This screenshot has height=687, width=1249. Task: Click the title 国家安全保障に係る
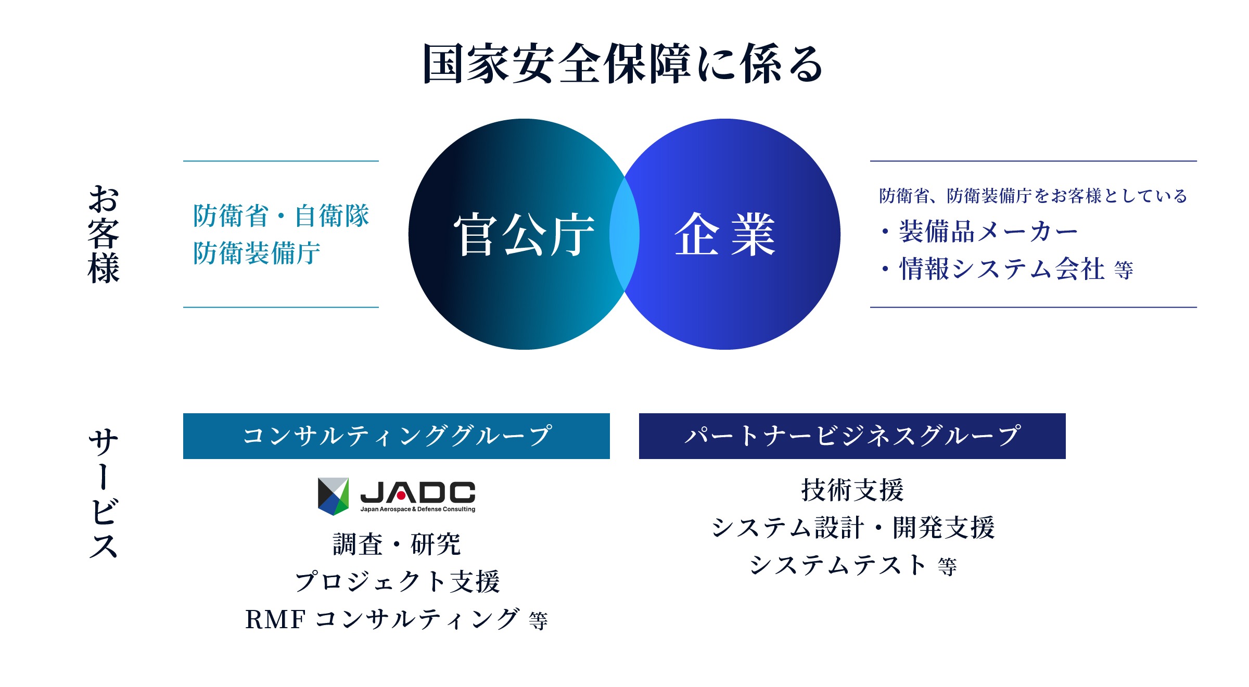[x=622, y=64]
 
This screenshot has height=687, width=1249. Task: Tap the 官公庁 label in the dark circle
[x=524, y=235]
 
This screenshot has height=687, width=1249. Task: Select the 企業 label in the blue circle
[x=725, y=235]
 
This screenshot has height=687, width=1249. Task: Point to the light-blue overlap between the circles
[x=624, y=234]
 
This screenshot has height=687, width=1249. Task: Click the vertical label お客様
[x=104, y=234]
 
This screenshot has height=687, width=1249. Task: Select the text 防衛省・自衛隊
[x=281, y=215]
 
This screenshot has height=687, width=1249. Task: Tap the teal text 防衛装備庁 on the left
[x=257, y=253]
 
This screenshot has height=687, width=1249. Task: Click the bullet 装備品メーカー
[x=987, y=232]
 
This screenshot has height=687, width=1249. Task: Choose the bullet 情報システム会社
[x=1001, y=269]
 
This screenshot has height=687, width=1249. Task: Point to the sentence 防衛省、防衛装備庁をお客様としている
[x=1033, y=196]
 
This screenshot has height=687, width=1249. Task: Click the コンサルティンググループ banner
[x=396, y=436]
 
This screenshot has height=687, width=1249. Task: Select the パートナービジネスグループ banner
[x=852, y=436]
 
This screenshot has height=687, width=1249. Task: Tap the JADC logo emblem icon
[x=333, y=496]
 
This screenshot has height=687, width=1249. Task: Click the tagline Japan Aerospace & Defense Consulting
[x=418, y=510]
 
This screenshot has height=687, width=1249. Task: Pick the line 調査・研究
[x=397, y=544]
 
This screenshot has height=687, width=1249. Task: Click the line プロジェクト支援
[x=397, y=581]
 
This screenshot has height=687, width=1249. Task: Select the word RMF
[x=275, y=619]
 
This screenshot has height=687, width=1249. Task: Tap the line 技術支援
[x=852, y=490]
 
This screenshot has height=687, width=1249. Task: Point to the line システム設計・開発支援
[x=852, y=528]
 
